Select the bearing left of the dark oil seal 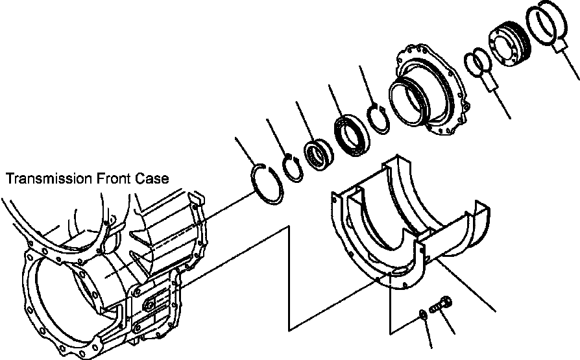(320, 156)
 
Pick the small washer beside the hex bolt (422, 314)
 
